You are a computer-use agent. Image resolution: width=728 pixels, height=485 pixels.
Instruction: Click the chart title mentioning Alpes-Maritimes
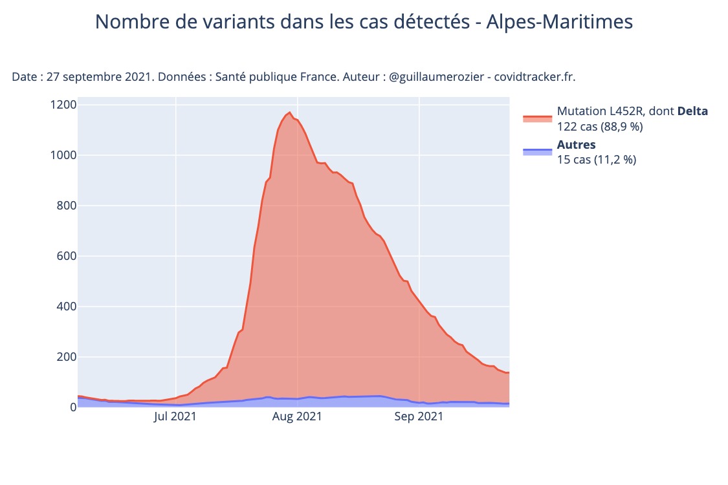364,22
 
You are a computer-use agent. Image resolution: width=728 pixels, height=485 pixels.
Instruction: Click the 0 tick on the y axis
73,407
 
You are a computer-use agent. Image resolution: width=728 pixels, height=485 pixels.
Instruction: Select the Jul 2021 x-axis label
175,416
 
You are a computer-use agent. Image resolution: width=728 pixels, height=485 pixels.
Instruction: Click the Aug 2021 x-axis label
298,416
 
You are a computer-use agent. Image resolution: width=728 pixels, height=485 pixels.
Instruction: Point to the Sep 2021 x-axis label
419,416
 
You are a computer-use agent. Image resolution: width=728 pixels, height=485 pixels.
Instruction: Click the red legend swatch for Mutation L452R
537,119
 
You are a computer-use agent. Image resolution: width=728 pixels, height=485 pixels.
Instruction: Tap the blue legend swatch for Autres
537,151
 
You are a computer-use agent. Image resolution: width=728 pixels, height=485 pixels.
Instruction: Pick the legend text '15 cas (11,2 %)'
597,160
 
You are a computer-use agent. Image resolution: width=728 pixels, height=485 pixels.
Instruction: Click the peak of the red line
289,113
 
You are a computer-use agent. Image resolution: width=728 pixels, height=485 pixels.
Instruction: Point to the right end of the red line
509,372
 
